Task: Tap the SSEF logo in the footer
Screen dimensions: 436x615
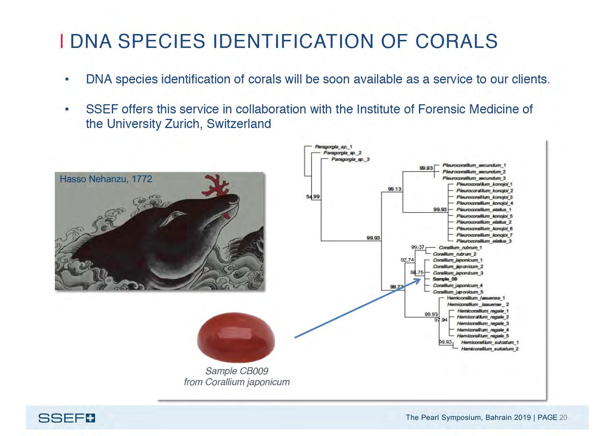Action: click(x=67, y=418)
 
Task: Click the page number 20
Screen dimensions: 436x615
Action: click(x=563, y=417)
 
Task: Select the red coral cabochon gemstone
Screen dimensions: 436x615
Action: click(x=236, y=337)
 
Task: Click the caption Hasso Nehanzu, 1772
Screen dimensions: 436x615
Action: click(x=106, y=179)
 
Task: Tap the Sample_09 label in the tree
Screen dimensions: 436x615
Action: click(x=445, y=279)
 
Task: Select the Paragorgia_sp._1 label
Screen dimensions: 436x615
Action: click(x=333, y=147)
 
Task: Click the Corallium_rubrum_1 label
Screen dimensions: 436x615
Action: click(x=460, y=248)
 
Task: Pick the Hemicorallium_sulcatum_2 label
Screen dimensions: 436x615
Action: click(x=489, y=349)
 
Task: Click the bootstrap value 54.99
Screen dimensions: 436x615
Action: click(x=313, y=197)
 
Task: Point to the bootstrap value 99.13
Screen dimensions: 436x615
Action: click(x=395, y=189)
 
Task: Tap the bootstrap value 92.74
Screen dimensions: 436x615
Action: click(x=407, y=260)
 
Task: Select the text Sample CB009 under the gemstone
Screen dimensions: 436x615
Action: click(x=237, y=371)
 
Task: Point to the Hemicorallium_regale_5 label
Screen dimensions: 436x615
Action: click(x=483, y=336)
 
